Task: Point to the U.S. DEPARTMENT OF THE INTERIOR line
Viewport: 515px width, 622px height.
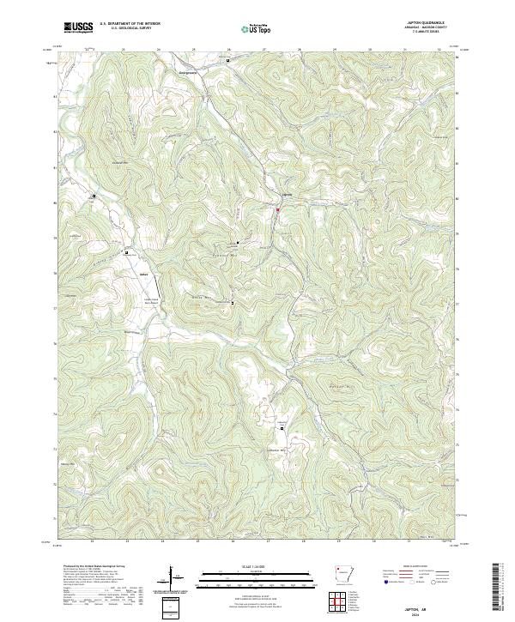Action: point(130,23)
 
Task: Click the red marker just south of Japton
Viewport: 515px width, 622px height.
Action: point(278,207)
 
